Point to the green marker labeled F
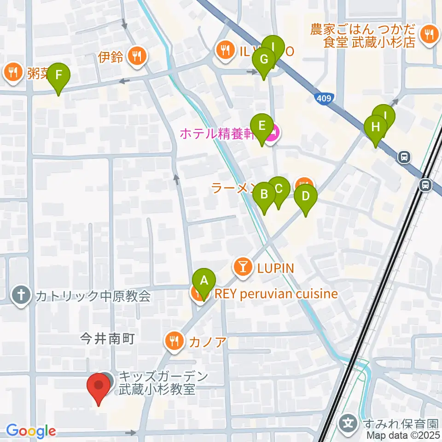pos(58,75)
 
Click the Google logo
pos(30,431)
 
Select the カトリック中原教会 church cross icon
pos(21,294)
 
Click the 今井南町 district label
pos(107,340)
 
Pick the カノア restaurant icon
pos(174,342)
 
